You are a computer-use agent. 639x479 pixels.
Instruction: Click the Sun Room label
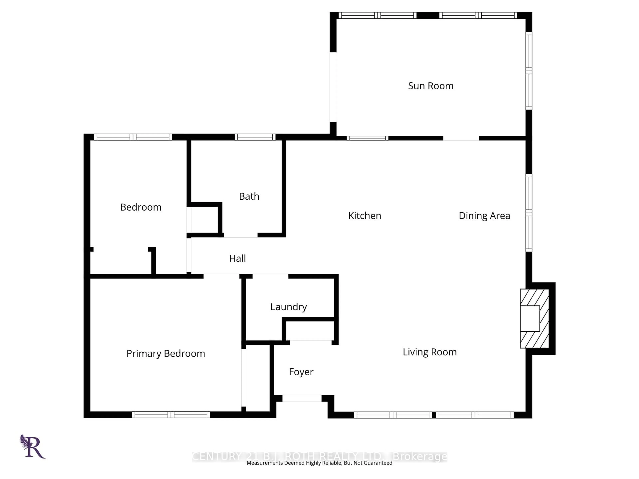430,86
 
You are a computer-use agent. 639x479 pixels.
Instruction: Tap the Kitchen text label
365,216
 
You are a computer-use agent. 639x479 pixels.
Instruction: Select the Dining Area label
484,216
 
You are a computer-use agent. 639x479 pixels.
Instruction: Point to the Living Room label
429,352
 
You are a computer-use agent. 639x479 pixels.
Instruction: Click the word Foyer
301,372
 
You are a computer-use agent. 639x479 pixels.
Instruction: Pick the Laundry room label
288,307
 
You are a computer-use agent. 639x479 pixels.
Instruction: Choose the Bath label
249,196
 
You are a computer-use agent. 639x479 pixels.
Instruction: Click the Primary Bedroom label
166,353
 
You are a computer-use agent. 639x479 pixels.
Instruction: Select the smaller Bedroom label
141,207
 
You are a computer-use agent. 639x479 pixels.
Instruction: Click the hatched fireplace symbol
534,319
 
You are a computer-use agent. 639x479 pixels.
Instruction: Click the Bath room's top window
255,137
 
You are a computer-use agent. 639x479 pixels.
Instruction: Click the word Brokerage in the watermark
420,457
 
